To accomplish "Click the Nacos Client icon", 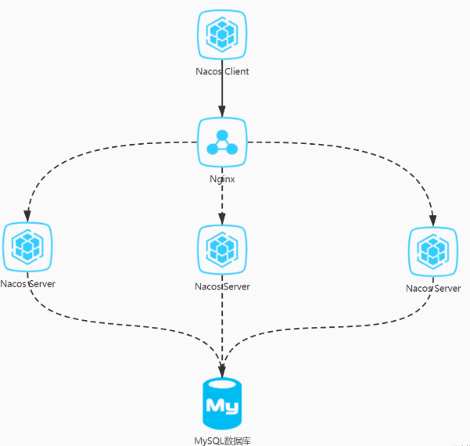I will tap(222, 35).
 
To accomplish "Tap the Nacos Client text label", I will tap(222, 72).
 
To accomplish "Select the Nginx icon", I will tap(222, 142).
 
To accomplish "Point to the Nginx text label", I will tap(222, 178).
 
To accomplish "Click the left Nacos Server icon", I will tap(27, 247).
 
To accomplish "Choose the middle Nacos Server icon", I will tap(222, 249).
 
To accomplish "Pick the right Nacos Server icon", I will tap(432, 251).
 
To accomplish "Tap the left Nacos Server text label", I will tap(27, 283).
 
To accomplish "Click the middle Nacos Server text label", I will tap(222, 286).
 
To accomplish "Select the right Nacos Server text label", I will tap(432, 289).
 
